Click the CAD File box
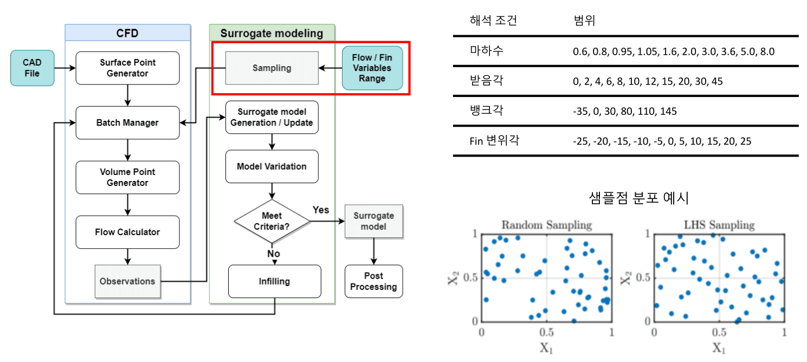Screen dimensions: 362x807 tap(33, 68)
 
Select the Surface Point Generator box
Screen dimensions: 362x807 tap(127, 68)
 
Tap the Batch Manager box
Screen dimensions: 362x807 tap(127, 123)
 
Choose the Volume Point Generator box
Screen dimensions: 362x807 tap(127, 177)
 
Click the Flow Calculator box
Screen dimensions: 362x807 tap(127, 232)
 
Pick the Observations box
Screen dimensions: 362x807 tap(127, 281)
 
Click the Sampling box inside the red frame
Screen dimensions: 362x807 tap(272, 68)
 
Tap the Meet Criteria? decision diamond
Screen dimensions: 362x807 tap(272, 221)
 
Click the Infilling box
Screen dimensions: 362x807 tap(274, 281)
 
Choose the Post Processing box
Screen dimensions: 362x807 tap(373, 281)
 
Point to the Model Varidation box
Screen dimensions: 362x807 tap(272, 166)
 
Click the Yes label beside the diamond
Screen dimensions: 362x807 tap(321, 209)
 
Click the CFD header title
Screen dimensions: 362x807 tap(127, 33)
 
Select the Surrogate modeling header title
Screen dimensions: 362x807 tap(273, 33)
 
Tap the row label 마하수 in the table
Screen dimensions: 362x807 tap(486, 51)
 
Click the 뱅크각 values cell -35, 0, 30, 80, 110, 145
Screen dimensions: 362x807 tap(624, 111)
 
